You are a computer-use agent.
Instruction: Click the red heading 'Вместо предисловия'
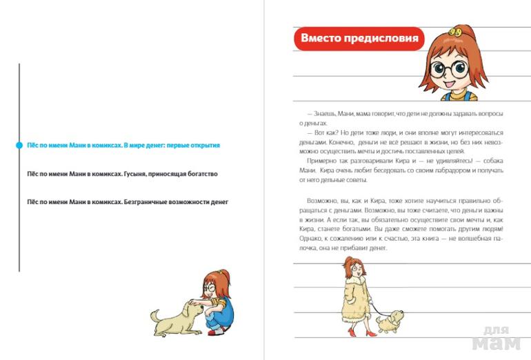click(x=359, y=39)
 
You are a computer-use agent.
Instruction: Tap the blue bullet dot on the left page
click(x=19, y=146)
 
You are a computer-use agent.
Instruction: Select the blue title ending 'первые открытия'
click(x=123, y=146)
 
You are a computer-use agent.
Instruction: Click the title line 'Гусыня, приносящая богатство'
click(x=121, y=174)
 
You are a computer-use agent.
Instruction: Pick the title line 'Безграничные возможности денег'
click(x=127, y=202)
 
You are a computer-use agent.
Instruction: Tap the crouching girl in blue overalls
click(x=217, y=303)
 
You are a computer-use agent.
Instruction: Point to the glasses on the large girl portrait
click(x=449, y=69)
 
